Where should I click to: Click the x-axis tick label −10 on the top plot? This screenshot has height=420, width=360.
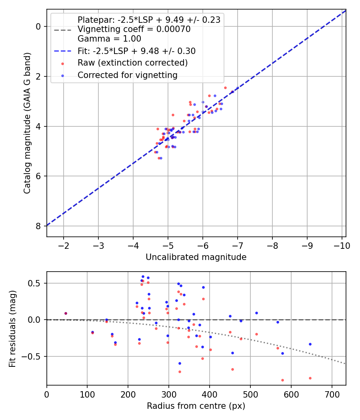click(x=342, y=246)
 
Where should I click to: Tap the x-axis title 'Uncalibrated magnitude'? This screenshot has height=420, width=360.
click(x=196, y=257)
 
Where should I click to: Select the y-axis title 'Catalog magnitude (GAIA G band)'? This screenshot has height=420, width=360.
click(x=27, y=123)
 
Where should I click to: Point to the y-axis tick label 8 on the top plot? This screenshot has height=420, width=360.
click(x=38, y=226)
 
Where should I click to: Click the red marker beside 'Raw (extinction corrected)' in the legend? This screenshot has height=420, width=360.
click(x=62, y=64)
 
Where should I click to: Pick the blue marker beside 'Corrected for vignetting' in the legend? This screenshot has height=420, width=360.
click(x=62, y=76)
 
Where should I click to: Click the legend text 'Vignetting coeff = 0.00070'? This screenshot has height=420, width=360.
click(x=134, y=29)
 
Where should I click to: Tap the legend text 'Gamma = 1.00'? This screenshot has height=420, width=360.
click(x=109, y=38)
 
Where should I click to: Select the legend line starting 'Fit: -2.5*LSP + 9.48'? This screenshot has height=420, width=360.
click(x=137, y=51)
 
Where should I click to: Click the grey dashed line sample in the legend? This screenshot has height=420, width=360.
click(x=62, y=30)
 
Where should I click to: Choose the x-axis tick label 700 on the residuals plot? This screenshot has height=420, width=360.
click(x=332, y=394)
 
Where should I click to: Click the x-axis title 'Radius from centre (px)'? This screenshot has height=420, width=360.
click(x=196, y=406)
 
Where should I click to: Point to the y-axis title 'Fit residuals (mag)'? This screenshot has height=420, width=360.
click(x=12, y=329)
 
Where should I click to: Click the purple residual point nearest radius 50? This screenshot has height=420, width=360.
click(x=66, y=313)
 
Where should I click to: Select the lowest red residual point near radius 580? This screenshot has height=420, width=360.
click(x=282, y=380)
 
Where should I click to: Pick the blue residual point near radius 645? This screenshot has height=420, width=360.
click(x=310, y=344)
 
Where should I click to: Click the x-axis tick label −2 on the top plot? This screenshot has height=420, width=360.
click(x=64, y=246)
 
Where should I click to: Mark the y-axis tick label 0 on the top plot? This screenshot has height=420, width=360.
click(x=38, y=26)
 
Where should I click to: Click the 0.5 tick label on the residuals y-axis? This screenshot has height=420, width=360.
click(x=35, y=283)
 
